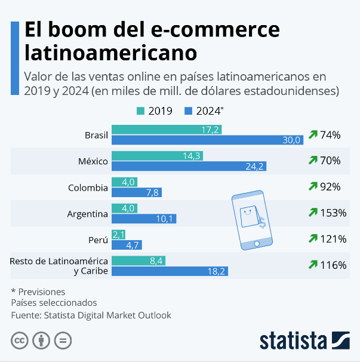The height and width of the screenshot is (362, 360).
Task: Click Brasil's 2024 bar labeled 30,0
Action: click(207, 140)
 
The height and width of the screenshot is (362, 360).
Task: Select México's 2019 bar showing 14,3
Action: click(157, 156)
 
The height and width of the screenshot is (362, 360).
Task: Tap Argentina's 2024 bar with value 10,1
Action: click(143, 218)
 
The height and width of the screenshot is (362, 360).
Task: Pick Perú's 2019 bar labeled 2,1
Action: click(118, 234)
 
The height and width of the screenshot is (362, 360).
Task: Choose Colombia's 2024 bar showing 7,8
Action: click(137, 192)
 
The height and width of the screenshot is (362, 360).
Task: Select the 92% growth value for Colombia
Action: click(330, 186)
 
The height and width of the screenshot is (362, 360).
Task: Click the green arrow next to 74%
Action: click(313, 135)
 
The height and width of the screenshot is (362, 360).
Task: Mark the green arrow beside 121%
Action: click(313, 239)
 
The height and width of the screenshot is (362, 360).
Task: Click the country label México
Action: click(93, 161)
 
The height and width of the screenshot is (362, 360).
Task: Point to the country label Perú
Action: click(99, 240)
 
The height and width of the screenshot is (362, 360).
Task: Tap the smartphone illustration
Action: click(250, 220)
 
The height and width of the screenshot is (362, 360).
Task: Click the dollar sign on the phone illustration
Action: click(261, 223)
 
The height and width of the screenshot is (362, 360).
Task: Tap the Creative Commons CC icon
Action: click(20, 340)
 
